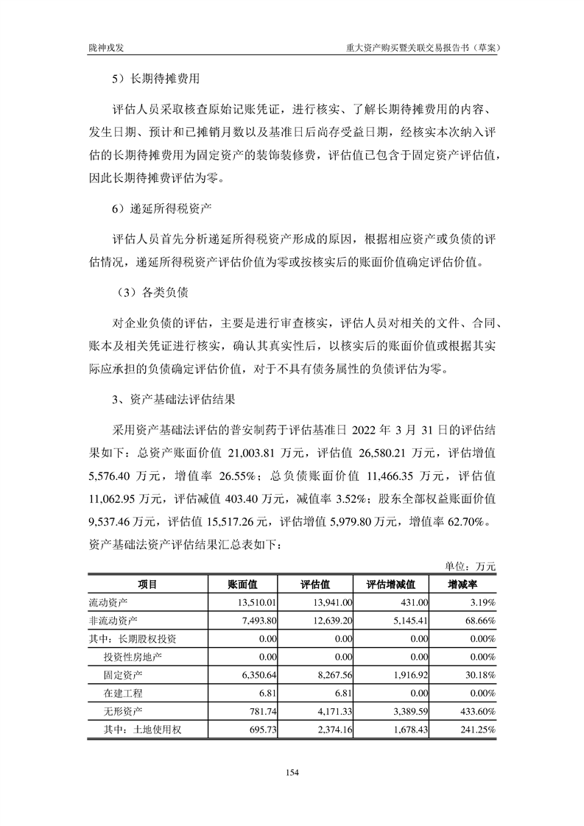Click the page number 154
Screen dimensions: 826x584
click(292, 772)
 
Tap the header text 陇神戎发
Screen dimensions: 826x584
click(104, 46)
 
